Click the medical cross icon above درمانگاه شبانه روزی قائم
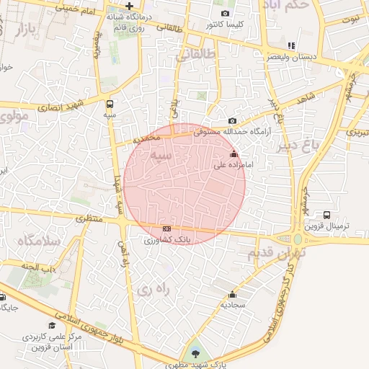[x=128, y=6]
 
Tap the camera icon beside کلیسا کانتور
[x=226, y=14]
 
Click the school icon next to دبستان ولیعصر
[x=290, y=45]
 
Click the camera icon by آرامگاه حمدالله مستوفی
[x=231, y=120]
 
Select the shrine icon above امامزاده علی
[x=233, y=154]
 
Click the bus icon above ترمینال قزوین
[x=327, y=215]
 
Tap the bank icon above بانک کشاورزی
[x=166, y=228]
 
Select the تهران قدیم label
[x=277, y=254]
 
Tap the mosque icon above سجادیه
[x=232, y=294]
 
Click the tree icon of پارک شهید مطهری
[x=193, y=352]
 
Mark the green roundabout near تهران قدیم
[x=297, y=239]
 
